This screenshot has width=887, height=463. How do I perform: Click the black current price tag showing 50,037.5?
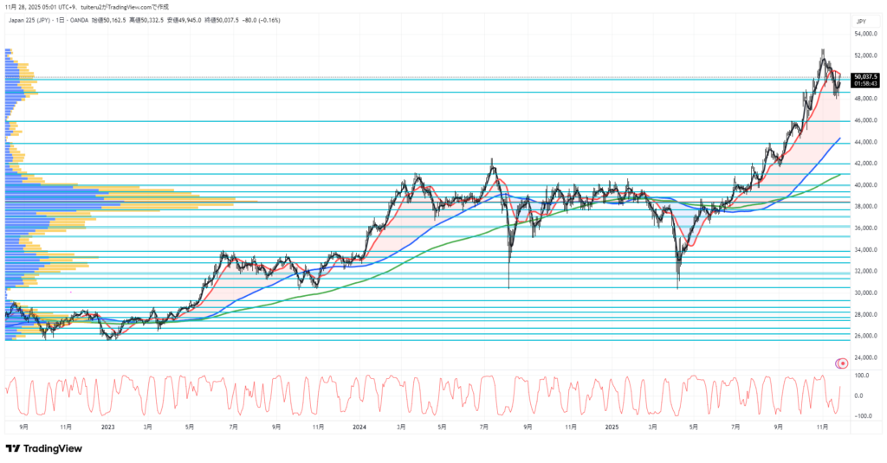(865, 76)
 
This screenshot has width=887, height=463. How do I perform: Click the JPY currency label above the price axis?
(861, 21)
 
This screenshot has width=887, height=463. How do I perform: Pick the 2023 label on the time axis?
(107, 426)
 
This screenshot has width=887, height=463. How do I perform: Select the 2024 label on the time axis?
(360, 426)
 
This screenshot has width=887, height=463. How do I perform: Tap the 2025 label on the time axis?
(612, 426)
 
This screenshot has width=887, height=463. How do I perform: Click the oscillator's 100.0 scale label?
(863, 376)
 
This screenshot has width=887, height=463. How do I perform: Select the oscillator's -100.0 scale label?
(862, 416)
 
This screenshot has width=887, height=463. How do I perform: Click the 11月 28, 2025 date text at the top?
(20, 6)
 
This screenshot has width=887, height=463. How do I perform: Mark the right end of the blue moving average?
(840, 138)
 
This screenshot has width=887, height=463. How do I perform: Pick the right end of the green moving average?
(840, 174)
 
